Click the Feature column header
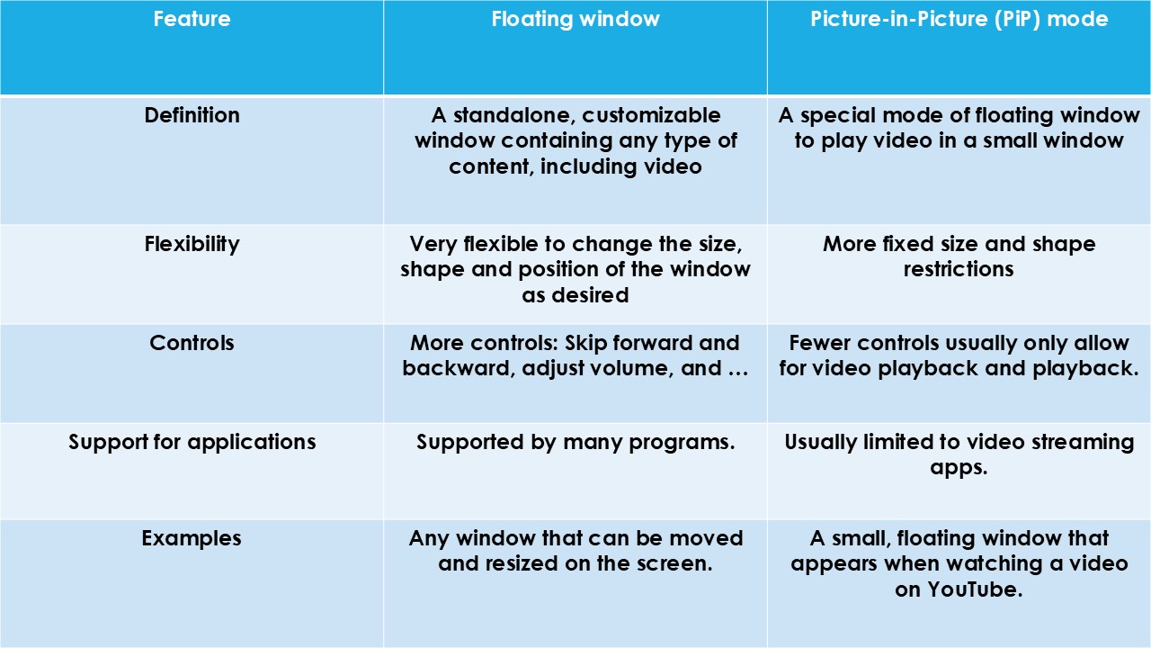tap(192, 19)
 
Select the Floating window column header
tap(575, 19)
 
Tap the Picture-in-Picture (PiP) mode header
tap(959, 19)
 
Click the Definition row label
tap(192, 115)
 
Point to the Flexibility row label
tap(192, 244)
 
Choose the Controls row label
tap(192, 343)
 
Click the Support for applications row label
tap(192, 442)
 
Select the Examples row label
tap(192, 538)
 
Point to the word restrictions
tap(959, 269)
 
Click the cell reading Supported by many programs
tap(575, 443)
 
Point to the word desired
tap(591, 295)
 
